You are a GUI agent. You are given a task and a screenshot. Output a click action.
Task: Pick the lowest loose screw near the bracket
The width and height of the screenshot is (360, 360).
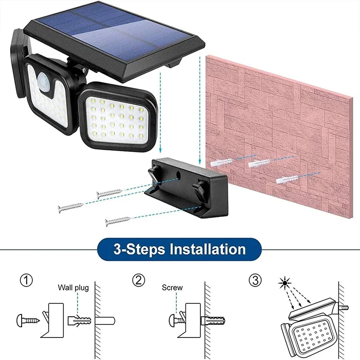tap(117, 220)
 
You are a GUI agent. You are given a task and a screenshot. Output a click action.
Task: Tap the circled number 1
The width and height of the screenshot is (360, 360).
tap(26, 281)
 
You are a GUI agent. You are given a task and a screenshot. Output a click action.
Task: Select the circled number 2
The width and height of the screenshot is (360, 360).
tap(139, 281)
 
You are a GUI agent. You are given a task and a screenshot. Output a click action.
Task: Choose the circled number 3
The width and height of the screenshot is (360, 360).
tap(255, 281)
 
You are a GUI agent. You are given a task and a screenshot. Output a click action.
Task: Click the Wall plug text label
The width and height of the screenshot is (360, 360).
tap(73, 288)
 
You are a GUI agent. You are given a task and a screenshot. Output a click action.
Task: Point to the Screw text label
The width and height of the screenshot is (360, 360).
tap(172, 288)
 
